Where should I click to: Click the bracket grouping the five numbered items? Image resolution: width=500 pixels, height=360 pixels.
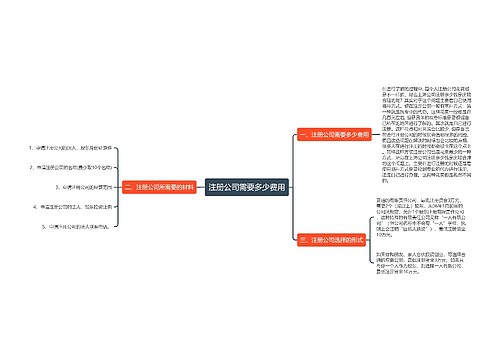pyautogui.click(x=117, y=187)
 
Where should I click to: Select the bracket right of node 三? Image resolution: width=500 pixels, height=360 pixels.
pyautogui.click(x=372, y=241)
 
